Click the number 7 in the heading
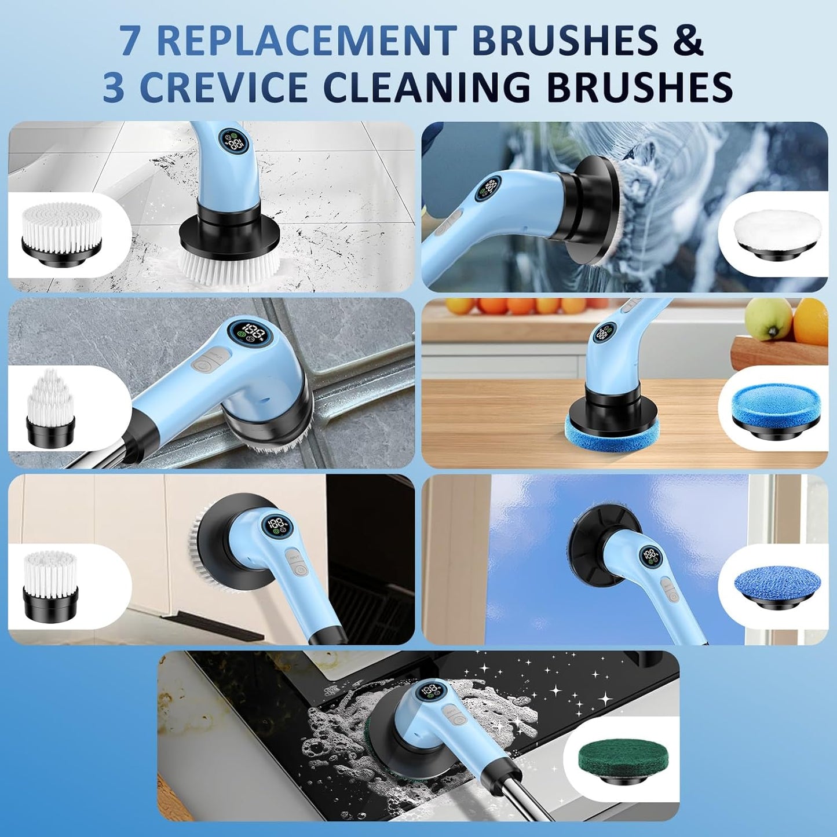(131, 41)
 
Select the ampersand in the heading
(688, 41)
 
